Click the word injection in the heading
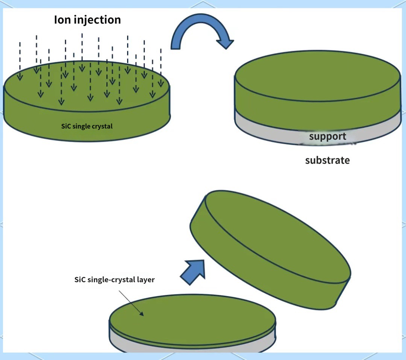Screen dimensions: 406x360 (97, 20)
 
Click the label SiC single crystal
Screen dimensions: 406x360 (87, 126)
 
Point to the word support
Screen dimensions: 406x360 (327, 137)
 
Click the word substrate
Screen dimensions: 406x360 (327, 160)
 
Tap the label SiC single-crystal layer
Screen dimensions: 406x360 (114, 279)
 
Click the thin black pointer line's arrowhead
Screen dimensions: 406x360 (142, 314)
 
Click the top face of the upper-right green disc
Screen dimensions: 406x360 (318, 76)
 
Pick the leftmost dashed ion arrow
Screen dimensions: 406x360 (20, 61)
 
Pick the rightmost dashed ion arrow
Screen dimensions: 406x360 (161, 68)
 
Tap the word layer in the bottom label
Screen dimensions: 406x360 (147, 280)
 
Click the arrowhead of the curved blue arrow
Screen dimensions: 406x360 (226, 44)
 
